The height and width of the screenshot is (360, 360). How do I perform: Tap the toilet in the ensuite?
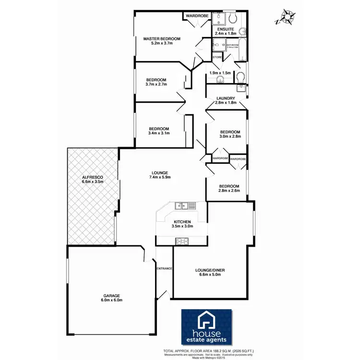(x=232, y=19)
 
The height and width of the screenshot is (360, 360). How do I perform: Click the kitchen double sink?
(x=181, y=206)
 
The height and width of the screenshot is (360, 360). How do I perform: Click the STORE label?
(x=217, y=58)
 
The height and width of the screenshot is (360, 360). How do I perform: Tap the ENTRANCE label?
(x=164, y=268)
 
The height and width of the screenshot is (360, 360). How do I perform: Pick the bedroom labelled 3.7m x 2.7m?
(x=156, y=82)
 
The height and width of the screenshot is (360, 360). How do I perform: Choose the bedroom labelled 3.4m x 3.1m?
(x=158, y=131)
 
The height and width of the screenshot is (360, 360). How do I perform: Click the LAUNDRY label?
(x=226, y=100)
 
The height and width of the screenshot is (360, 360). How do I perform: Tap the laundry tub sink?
(x=240, y=89)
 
